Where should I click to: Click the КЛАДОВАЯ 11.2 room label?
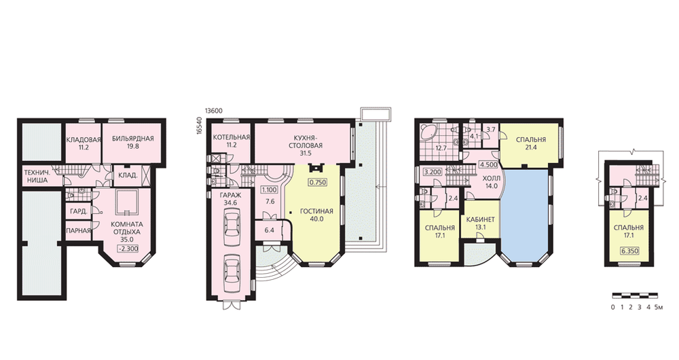(x=84, y=143)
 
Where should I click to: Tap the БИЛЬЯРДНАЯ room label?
(x=133, y=139)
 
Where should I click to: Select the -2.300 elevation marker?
(x=128, y=249)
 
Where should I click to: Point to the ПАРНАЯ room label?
(x=78, y=231)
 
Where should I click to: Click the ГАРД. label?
(x=79, y=212)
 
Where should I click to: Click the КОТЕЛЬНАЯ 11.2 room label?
(x=232, y=141)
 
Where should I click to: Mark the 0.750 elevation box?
(x=317, y=183)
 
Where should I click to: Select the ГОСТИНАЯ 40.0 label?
(x=316, y=215)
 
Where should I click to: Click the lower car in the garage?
(x=232, y=268)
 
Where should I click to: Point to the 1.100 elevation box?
(x=270, y=190)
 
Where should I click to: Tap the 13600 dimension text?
(x=213, y=111)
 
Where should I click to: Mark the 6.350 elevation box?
(x=629, y=251)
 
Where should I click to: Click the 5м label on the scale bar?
(x=659, y=307)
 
